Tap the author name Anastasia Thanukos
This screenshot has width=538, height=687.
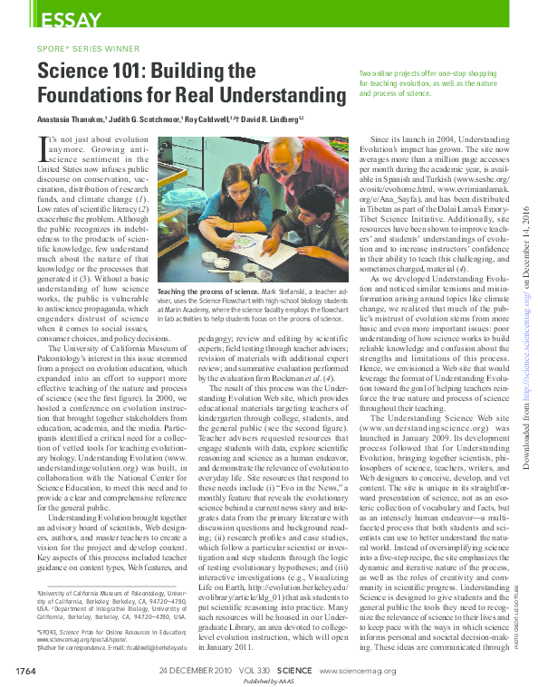(72, 119)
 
